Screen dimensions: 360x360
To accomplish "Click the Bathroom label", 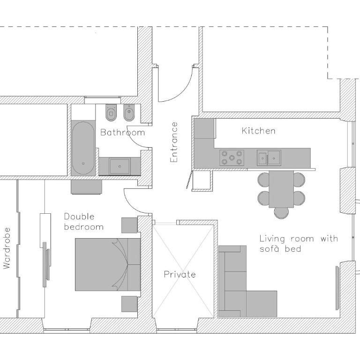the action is pyautogui.click(x=123, y=133).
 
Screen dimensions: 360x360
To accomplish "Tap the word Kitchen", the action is pyautogui.click(x=259, y=131).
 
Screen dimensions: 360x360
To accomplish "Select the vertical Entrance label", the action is pyautogui.click(x=174, y=142).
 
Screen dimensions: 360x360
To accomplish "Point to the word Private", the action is pyautogui.click(x=180, y=274).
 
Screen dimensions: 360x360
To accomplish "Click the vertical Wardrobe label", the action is pyautogui.click(x=7, y=248).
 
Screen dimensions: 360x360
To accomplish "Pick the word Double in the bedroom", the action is pyautogui.click(x=79, y=217).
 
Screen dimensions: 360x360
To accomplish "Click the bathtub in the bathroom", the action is pyautogui.click(x=83, y=148).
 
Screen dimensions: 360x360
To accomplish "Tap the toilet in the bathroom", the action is pyautogui.click(x=111, y=112).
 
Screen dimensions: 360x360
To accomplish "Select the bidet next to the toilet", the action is pyautogui.click(x=129, y=112).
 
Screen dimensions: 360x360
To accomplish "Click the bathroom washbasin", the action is pyautogui.click(x=120, y=166).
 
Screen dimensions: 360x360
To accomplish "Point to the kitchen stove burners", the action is pyautogui.click(x=232, y=157).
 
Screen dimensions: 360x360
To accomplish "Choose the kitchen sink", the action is pyautogui.click(x=269, y=157).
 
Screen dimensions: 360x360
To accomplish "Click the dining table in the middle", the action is pyautogui.click(x=281, y=189).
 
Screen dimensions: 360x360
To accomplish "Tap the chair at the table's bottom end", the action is pyautogui.click(x=281, y=213).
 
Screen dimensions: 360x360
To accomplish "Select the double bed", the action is pyautogui.click(x=108, y=264).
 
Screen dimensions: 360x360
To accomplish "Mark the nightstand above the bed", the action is pyautogui.click(x=129, y=225).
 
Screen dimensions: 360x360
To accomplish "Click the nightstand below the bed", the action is pyautogui.click(x=129, y=304).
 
